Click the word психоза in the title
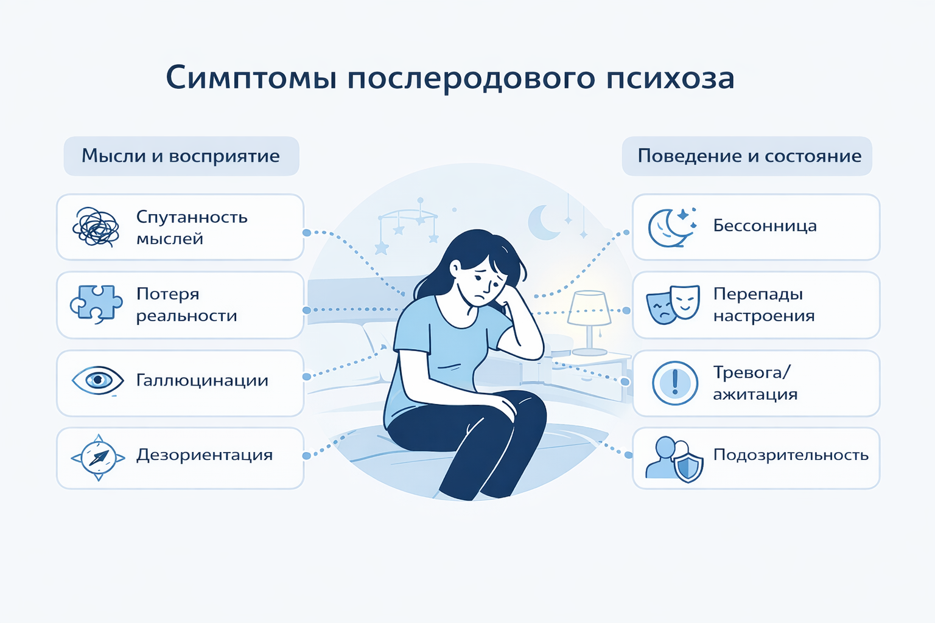670,79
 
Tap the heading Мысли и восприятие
181,156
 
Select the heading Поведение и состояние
749,156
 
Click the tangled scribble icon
96,227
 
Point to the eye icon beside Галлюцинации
97,380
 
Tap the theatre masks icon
673,304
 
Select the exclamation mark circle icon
674,383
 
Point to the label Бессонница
765,226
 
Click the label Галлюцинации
202,381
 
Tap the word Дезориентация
205,455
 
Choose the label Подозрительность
791,455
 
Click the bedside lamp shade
589,308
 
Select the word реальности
186,316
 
